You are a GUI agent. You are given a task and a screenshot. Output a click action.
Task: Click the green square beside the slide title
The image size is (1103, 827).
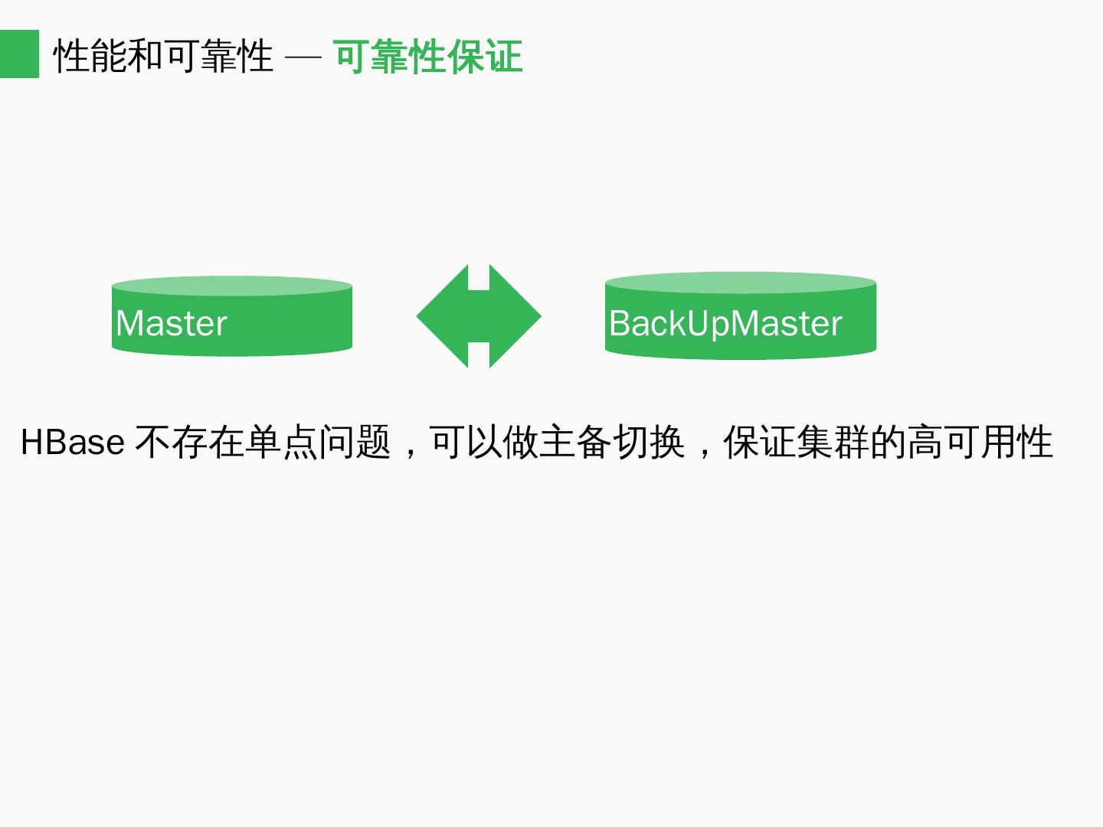click(x=19, y=54)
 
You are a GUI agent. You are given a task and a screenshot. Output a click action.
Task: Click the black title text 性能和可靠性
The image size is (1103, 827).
click(x=163, y=56)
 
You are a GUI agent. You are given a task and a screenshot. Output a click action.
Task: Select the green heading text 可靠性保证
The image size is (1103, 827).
click(x=428, y=56)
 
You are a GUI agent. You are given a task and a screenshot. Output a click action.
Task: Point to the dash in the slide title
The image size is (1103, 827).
click(x=303, y=57)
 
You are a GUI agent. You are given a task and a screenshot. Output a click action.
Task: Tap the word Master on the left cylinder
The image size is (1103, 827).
click(x=172, y=323)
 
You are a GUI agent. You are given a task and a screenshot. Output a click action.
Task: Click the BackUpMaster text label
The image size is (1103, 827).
click(x=725, y=323)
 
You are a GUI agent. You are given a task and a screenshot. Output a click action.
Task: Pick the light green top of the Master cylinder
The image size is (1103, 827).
click(x=231, y=286)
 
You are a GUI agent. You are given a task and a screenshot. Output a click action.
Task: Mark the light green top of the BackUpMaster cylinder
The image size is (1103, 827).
click(x=740, y=282)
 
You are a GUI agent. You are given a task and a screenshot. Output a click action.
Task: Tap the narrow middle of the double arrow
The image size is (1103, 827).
click(x=479, y=316)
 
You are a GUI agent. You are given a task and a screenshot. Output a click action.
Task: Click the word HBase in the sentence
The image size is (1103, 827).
click(x=72, y=443)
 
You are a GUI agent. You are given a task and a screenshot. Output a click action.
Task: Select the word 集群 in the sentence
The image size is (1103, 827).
click(x=833, y=443)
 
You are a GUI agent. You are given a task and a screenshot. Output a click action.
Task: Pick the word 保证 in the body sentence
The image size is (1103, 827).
click(x=760, y=443)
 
